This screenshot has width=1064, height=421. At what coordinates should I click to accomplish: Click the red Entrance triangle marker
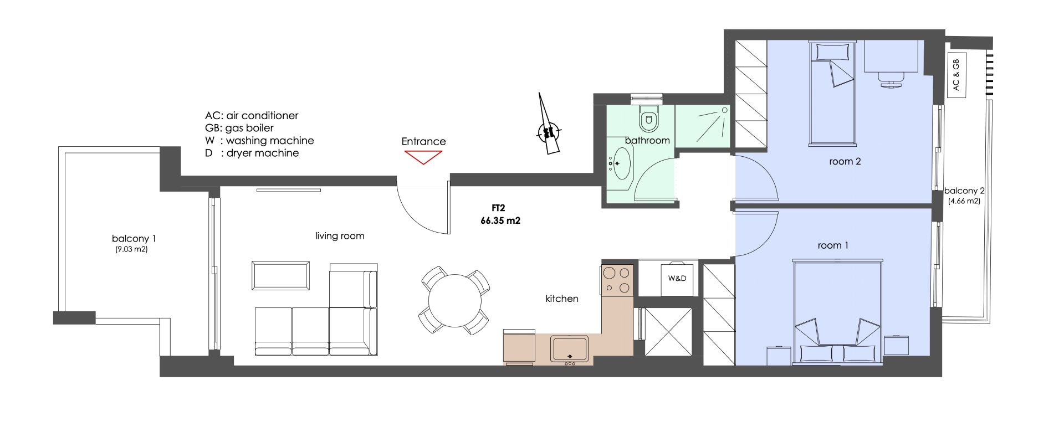pos(423,157)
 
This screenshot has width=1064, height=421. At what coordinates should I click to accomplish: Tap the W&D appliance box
pos(677,278)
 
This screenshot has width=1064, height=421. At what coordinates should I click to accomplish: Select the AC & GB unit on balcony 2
pos(956,75)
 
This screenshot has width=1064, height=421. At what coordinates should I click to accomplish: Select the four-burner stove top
pos(617,280)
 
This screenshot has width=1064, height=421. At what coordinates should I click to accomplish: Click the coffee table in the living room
pos(280,275)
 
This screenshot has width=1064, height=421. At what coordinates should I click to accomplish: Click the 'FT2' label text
pos(499,208)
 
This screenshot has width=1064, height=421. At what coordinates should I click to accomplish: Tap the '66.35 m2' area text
pos(500,220)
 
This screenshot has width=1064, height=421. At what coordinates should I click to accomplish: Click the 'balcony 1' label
pos(134,239)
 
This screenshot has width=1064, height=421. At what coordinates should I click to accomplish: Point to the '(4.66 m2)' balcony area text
pos(964,201)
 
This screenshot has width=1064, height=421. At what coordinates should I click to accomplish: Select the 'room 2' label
pos(845,162)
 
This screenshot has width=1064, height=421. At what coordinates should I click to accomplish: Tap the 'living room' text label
pos(340,236)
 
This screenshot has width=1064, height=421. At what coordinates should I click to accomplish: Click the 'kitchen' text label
pos(562,299)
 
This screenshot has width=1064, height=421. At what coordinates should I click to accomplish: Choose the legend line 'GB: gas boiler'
pos(239,128)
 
